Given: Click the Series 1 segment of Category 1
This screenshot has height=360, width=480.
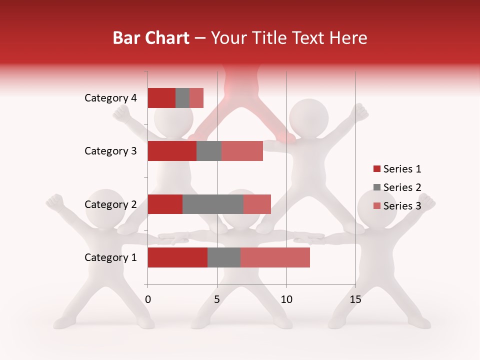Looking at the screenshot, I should [x=177, y=257].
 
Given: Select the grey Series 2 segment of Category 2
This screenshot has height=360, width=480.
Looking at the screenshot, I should [x=212, y=204].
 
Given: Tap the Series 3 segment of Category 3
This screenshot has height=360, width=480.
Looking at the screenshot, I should [x=242, y=151].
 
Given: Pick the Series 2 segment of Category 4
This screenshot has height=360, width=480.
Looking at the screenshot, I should [x=182, y=98].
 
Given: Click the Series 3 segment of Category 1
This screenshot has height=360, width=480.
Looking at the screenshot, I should [x=275, y=257].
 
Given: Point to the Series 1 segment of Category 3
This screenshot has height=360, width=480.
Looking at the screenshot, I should [x=172, y=151].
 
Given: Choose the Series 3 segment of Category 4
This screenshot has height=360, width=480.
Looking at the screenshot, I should [x=196, y=98].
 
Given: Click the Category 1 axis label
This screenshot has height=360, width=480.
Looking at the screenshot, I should [x=110, y=257].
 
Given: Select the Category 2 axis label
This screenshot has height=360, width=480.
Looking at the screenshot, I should [x=110, y=204].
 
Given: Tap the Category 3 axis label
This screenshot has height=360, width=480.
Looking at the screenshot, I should [x=110, y=151].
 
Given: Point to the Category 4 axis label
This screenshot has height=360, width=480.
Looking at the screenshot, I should [x=110, y=98].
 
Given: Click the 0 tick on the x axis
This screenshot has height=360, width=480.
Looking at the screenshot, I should [x=148, y=299].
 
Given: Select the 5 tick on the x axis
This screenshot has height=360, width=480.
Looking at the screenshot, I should [x=217, y=299].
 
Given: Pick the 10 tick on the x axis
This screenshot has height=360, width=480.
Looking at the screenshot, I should [x=286, y=299].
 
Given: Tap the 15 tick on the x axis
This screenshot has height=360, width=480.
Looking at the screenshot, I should [x=355, y=299].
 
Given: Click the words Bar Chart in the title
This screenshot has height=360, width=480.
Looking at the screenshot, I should [x=151, y=38].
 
